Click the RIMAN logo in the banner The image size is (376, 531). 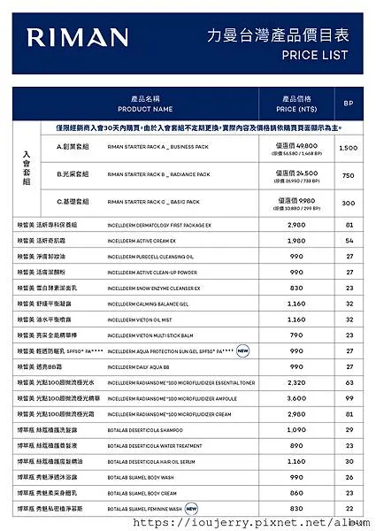pos(77,37)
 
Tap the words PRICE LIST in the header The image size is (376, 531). pos(315,55)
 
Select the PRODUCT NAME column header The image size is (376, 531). pos(144,104)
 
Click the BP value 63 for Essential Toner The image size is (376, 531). pos(349,383)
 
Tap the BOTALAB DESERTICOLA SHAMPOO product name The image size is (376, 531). pos(147,430)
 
